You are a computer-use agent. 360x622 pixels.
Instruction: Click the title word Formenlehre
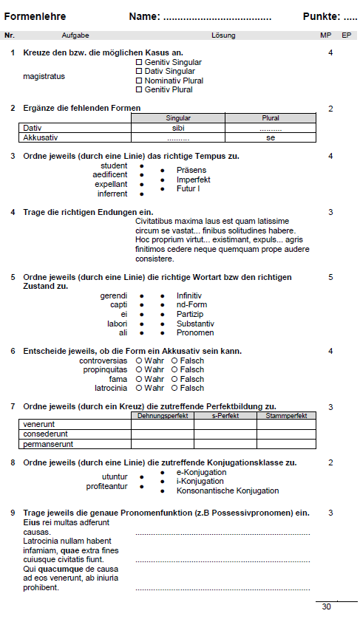point(35,16)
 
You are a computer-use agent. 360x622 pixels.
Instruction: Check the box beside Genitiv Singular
point(139,63)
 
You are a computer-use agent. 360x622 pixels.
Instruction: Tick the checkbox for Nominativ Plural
point(139,81)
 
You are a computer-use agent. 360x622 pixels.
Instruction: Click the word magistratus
point(44,76)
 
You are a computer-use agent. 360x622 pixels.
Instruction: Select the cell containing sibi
point(177,128)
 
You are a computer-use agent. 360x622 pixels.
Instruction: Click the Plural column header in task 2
point(271,118)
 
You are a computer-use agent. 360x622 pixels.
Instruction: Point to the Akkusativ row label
point(41,137)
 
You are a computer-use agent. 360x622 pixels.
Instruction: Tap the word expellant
point(111,184)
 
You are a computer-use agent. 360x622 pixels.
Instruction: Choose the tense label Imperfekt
point(193,180)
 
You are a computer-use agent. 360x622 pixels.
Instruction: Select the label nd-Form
point(191,305)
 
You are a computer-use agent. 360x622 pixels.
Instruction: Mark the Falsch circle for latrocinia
point(174,388)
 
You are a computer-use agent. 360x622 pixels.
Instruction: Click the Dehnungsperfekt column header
point(163,416)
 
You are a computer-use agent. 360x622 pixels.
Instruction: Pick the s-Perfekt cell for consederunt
point(225,434)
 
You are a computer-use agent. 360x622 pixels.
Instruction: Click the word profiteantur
point(106,486)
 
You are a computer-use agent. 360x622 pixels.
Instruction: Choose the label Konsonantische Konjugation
point(227,491)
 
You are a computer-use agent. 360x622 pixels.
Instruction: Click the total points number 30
point(327,606)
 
